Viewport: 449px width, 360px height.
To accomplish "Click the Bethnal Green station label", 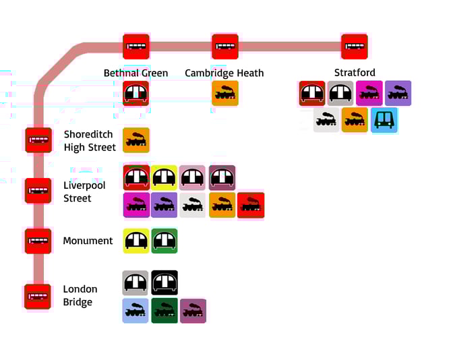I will [136, 73].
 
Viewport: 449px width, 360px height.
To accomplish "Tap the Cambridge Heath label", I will [224, 73].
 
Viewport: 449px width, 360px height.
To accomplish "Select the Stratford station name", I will [355, 73].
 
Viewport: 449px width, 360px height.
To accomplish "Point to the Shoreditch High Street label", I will [90, 141].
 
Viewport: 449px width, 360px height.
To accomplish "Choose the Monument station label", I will [88, 241].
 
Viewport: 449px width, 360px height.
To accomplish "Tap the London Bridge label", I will [80, 295].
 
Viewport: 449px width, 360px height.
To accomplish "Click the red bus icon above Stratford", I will [355, 47].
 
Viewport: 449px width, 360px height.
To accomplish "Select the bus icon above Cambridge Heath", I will [225, 47].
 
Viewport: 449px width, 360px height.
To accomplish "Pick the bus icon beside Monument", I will [38, 241].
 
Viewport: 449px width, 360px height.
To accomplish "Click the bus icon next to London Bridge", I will [38, 296].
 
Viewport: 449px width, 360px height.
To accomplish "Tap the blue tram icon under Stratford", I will [384, 120].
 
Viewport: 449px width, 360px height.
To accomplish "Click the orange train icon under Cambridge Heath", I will [225, 94].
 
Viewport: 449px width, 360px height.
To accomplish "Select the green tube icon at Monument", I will [164, 241].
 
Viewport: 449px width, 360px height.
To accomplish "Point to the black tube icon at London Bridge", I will [164, 283].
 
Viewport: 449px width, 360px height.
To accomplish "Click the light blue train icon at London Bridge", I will [136, 311].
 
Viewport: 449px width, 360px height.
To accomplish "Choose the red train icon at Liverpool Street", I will [251, 206].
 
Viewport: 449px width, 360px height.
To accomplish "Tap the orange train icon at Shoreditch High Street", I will [136, 140].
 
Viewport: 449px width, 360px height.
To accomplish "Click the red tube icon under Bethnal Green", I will [136, 94].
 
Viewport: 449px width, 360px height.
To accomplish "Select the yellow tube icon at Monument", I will [136, 241].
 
